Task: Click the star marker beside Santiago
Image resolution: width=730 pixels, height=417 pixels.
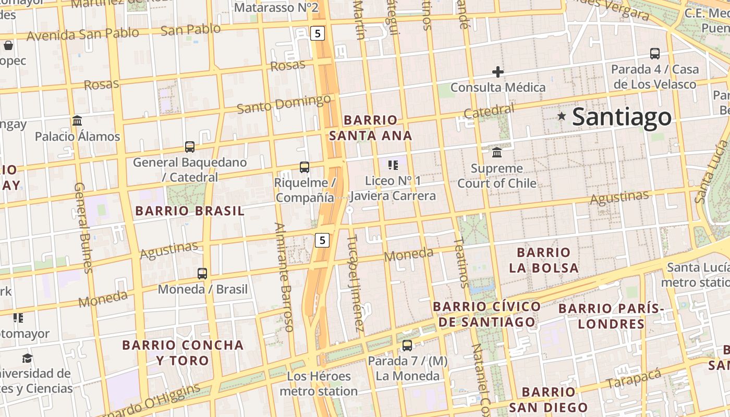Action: pos(562,116)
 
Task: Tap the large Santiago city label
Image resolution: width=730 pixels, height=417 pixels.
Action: pos(622,117)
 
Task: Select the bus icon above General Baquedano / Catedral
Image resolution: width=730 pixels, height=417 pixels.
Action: pos(190,147)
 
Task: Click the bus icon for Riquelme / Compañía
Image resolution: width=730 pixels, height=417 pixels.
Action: pos(305,167)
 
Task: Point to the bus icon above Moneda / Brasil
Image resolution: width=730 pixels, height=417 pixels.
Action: pos(202,273)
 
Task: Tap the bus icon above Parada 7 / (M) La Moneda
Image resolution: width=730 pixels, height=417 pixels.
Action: pos(407,345)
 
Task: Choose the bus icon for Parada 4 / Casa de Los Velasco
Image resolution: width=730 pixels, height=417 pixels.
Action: pos(655,53)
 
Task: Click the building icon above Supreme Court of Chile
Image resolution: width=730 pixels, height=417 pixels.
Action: pos(497,153)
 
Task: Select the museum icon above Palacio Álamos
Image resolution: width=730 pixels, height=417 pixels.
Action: pos(77,121)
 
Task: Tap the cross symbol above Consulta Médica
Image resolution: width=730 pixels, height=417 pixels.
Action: pos(498,71)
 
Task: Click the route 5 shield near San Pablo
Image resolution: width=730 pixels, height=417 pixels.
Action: pos(318,34)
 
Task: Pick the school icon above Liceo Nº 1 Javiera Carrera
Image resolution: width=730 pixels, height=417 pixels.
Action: pos(393,165)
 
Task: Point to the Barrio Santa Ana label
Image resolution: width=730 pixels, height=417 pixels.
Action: pos(370,128)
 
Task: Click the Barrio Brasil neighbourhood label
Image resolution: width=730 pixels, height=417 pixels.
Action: pos(189,211)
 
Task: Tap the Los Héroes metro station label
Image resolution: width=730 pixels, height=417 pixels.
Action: pos(319,383)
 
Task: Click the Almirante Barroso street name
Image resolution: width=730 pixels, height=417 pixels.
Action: pos(285,277)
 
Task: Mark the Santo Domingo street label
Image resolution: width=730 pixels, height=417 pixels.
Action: pos(284,104)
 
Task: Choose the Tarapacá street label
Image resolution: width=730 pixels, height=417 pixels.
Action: pos(634,378)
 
